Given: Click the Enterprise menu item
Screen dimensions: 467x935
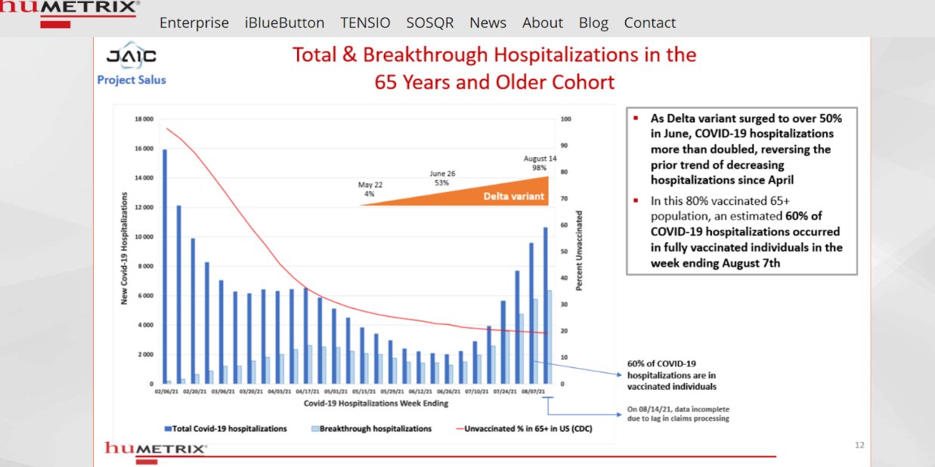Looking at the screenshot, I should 194,23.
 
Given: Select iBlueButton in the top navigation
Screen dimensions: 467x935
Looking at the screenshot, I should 284,23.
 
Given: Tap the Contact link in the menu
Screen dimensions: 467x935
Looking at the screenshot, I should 649,23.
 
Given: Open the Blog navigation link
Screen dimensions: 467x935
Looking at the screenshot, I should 593,23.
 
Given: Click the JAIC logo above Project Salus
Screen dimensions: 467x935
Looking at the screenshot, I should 132,57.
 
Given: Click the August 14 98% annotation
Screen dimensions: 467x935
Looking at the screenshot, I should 540,163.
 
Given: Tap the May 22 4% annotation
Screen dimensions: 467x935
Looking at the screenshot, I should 369,189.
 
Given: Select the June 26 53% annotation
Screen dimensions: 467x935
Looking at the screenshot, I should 442,178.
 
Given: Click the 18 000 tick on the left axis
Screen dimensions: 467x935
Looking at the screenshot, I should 143,119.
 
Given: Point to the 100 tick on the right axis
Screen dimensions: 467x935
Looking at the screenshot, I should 565,119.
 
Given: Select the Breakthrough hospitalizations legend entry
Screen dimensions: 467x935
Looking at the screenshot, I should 370,428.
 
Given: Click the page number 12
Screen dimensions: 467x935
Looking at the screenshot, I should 859,445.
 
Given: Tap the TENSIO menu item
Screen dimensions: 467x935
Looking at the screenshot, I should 365,23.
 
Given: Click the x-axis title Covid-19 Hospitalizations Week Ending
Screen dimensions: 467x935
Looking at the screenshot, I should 376,403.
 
